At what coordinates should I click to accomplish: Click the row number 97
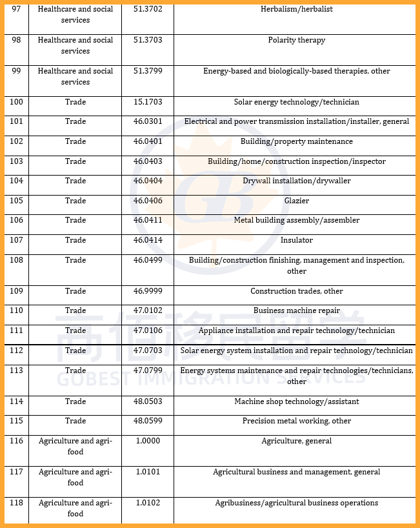(x=17, y=10)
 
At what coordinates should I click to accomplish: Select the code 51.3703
(x=147, y=40)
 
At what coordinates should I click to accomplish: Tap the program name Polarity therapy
(x=297, y=40)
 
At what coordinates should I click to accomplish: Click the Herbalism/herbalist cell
(x=297, y=10)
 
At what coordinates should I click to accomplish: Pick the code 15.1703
(x=147, y=102)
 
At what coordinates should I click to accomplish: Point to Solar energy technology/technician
(x=297, y=102)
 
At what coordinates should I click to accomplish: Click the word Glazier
(x=297, y=201)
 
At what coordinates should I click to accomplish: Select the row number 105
(x=17, y=201)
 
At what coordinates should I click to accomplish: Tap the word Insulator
(x=297, y=240)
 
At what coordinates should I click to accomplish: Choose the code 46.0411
(x=147, y=220)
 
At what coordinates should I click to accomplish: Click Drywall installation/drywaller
(x=297, y=181)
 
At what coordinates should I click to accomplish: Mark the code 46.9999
(x=147, y=291)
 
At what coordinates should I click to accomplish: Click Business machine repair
(x=297, y=310)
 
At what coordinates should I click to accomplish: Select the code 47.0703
(x=147, y=350)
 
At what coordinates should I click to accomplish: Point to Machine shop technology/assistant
(x=297, y=401)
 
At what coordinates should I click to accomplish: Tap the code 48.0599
(x=147, y=421)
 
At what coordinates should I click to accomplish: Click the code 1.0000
(x=147, y=441)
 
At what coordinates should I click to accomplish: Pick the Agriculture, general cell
(x=297, y=441)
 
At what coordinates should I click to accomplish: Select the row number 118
(x=17, y=503)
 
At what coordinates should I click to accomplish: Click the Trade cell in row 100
(x=75, y=102)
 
